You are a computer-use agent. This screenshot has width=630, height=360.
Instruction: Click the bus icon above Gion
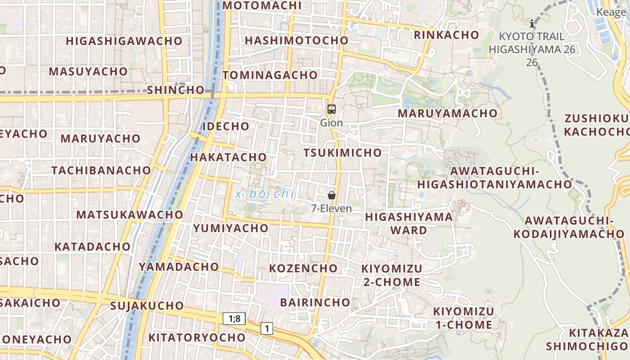(x=332, y=109)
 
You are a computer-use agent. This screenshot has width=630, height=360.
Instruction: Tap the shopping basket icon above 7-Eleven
(x=332, y=195)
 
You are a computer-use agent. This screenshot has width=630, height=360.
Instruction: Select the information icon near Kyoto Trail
(x=532, y=23)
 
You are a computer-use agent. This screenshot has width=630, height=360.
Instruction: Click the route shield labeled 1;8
(x=234, y=319)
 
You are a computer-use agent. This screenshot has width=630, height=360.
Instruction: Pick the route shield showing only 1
(x=267, y=329)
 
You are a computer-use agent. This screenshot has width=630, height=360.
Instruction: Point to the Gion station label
(x=332, y=123)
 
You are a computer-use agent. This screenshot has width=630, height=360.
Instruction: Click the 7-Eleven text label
(x=332, y=209)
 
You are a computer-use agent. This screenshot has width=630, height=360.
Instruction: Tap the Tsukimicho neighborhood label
(x=342, y=153)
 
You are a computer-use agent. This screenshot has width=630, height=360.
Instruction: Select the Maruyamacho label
(x=447, y=113)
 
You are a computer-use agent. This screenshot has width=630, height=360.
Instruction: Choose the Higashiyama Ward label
(x=409, y=224)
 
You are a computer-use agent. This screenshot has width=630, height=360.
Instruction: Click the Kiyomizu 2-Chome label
(x=391, y=275)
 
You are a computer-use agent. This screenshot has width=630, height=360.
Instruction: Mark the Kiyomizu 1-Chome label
(x=463, y=318)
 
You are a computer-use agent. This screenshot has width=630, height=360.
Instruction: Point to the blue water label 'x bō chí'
(x=265, y=194)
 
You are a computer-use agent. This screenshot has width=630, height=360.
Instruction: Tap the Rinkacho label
(x=446, y=35)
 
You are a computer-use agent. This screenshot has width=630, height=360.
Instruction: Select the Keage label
(x=611, y=13)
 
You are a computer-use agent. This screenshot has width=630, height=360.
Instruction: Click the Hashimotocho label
(x=297, y=40)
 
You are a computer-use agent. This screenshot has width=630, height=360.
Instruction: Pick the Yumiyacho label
(x=231, y=228)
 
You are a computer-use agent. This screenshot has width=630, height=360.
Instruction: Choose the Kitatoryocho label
(x=197, y=337)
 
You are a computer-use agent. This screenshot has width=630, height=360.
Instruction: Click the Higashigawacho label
(x=124, y=41)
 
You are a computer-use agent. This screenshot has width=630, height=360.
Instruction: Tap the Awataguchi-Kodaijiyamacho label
(x=569, y=227)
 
